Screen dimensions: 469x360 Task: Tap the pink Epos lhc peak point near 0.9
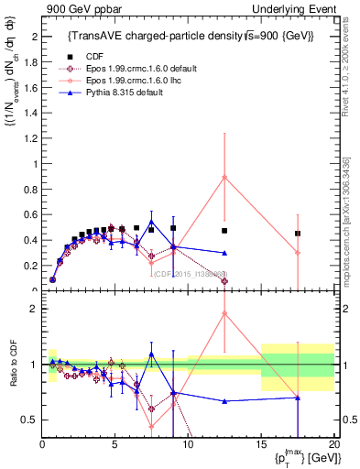click(224, 177)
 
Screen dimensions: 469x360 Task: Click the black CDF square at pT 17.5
click(298, 234)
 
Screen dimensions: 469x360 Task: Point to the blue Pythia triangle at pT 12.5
click(224, 253)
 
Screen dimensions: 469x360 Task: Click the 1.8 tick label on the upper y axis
click(29, 62)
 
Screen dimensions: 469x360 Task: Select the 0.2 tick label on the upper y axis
click(29, 266)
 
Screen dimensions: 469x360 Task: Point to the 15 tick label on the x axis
click(261, 444)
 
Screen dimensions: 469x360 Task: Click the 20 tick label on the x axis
click(333, 444)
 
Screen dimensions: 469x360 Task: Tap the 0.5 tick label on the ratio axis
click(29, 420)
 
